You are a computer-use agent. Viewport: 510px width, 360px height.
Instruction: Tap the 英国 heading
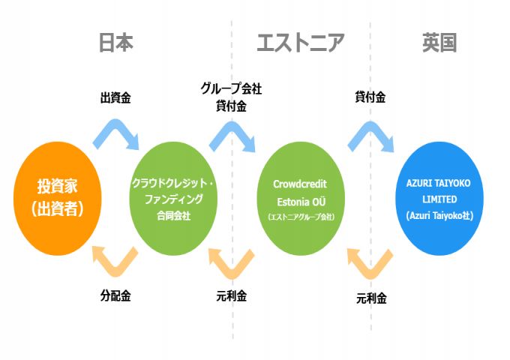pos(439,43)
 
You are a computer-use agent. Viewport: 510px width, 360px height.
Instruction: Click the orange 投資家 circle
pos(58,198)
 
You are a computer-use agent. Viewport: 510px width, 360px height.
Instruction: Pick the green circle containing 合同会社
pos(173,199)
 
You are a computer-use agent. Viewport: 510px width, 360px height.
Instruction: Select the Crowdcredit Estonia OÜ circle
pos(300,199)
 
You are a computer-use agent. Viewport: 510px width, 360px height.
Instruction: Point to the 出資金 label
pos(115,97)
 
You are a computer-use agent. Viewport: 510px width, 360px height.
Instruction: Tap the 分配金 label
pos(115,295)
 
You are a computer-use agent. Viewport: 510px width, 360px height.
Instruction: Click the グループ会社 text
pos(231,88)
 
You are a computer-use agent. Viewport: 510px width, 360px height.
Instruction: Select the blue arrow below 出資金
pos(116,133)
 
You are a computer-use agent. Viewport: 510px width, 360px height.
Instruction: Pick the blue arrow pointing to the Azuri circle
pos(370,133)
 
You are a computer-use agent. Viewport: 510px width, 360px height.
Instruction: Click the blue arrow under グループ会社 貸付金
pos(232,133)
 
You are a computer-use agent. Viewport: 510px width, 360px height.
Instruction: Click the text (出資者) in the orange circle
pos(58,208)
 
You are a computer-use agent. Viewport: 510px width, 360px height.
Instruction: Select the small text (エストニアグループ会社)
pos(300,217)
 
